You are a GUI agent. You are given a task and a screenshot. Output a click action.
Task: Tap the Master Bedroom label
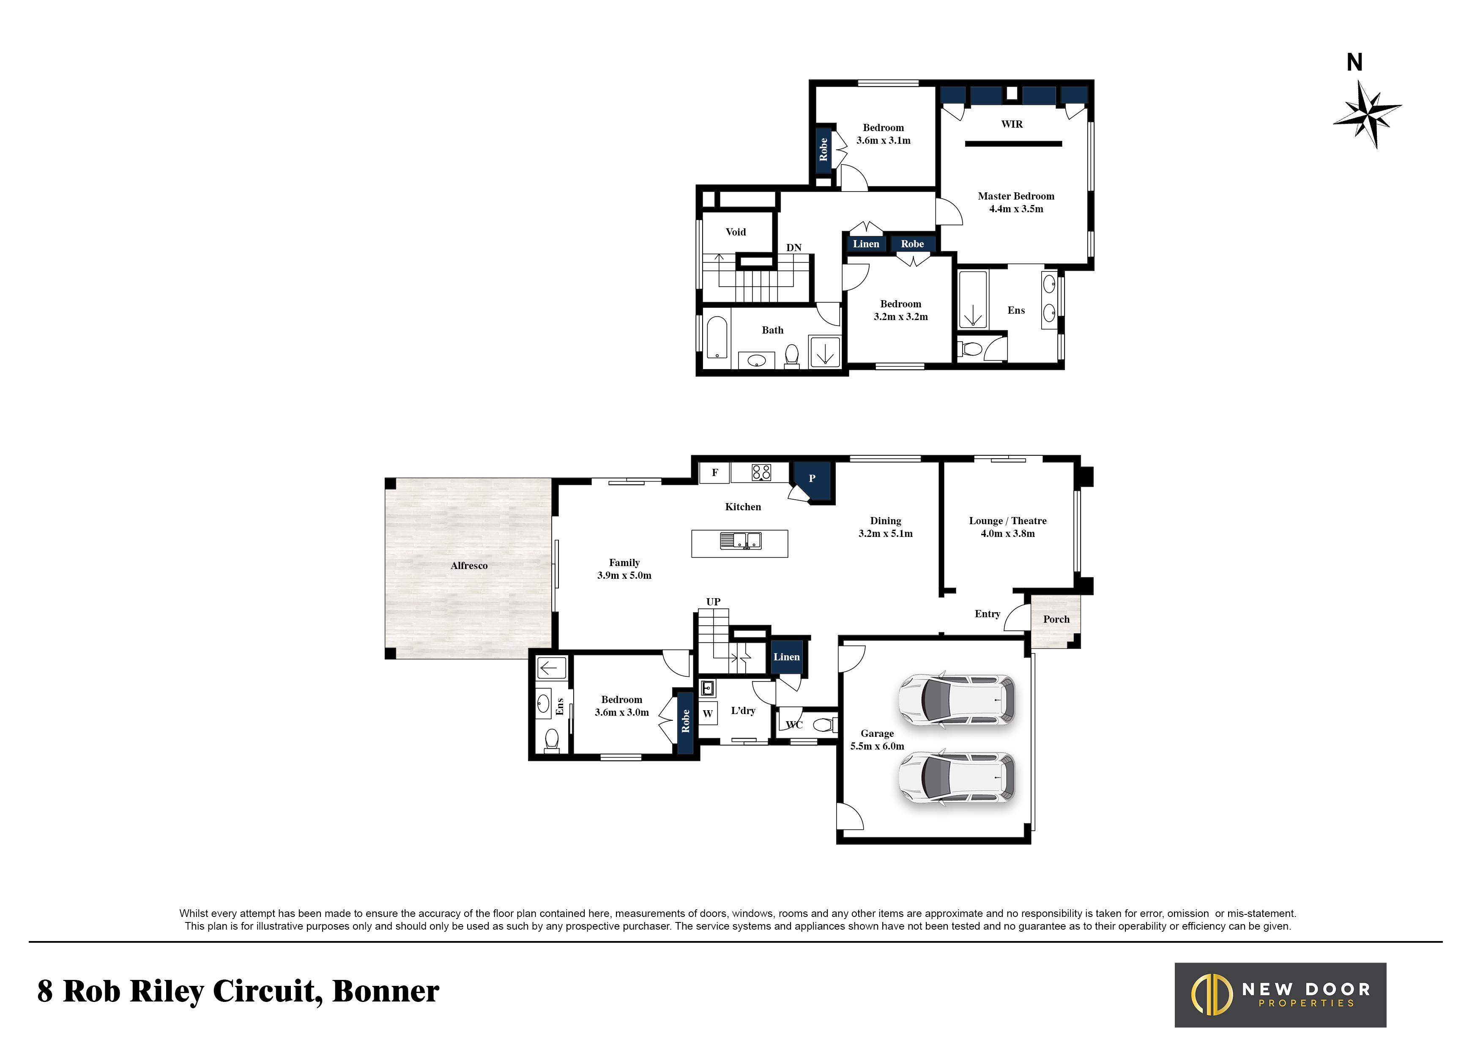[1016, 196]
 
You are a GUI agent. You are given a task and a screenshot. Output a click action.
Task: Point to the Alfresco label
[469, 566]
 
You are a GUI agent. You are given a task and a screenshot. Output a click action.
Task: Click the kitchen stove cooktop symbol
[761, 473]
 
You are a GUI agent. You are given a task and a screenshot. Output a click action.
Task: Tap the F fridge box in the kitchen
[715, 473]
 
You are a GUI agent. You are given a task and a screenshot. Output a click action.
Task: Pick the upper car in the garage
[957, 700]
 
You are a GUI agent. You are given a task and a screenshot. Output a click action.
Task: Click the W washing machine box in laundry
[708, 714]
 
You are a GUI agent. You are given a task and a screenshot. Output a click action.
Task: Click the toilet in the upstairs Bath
[791, 355]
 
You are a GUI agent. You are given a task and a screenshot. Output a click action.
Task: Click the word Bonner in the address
[386, 992]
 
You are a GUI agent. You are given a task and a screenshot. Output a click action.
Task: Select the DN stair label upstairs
[794, 248]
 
